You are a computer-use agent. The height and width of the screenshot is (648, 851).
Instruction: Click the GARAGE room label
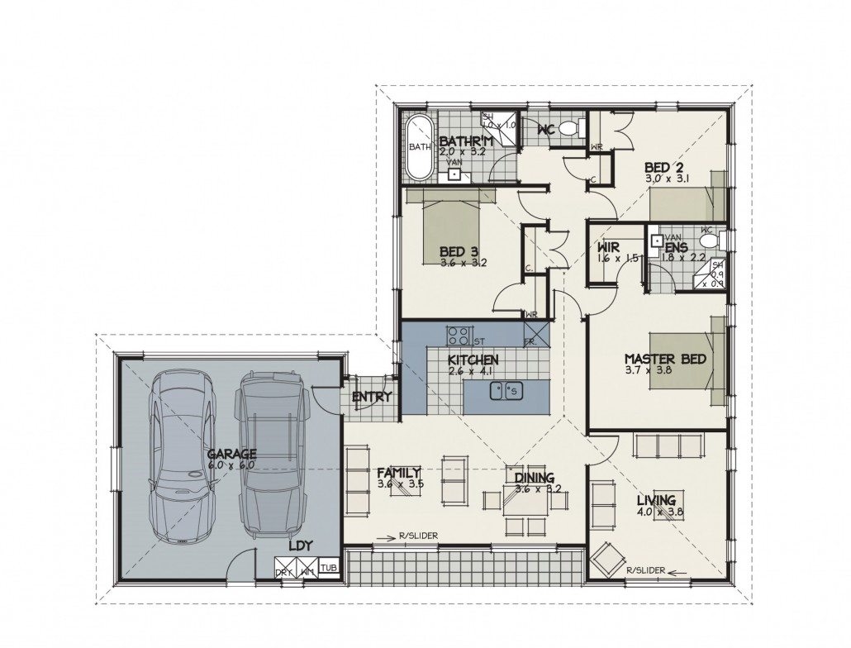[x=231, y=454]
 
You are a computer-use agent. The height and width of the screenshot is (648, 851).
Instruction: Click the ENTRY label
[x=371, y=398]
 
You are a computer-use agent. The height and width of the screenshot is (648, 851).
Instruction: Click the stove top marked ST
[x=459, y=336]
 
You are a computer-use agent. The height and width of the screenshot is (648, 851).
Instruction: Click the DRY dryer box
[x=284, y=571]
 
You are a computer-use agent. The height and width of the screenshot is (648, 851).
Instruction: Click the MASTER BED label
[x=664, y=360]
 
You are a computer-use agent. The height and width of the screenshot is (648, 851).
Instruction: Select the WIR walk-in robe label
[x=611, y=246]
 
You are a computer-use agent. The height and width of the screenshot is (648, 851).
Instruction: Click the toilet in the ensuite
[x=708, y=240]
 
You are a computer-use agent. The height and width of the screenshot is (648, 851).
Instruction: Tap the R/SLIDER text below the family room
[x=416, y=536]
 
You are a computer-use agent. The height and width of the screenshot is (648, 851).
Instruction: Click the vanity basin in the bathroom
[x=454, y=174]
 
